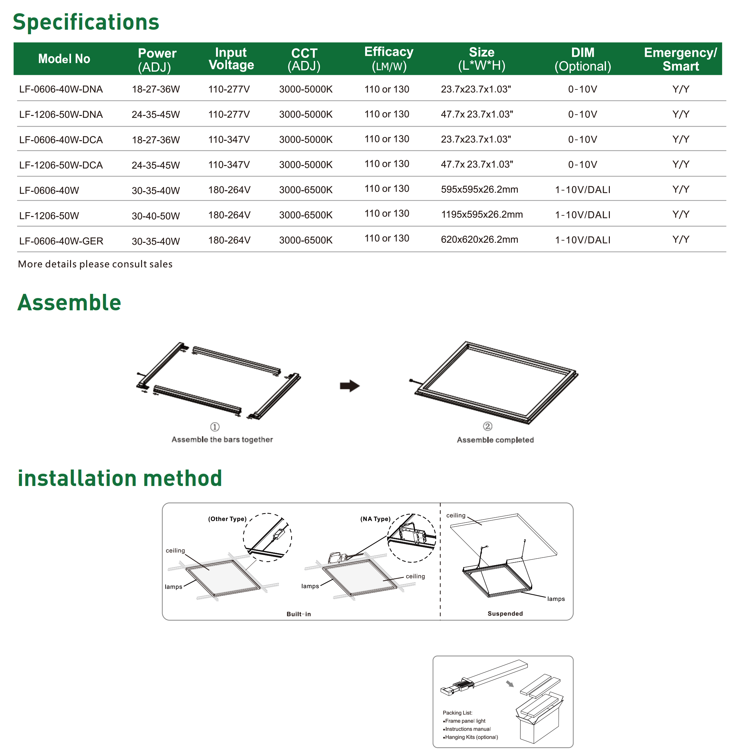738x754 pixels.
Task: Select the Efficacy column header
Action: click(x=389, y=58)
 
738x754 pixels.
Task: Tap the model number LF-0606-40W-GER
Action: click(x=61, y=241)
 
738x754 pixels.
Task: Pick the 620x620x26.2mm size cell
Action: click(x=479, y=240)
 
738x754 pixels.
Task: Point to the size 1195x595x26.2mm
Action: click(x=481, y=214)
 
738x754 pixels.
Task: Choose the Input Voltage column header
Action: click(x=231, y=58)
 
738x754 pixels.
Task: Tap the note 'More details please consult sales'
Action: click(x=95, y=264)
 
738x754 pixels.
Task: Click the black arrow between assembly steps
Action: click(x=350, y=386)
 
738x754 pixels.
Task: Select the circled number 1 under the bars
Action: click(x=215, y=427)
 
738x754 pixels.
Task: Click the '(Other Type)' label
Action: click(x=227, y=519)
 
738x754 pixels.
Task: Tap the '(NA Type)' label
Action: click(x=375, y=519)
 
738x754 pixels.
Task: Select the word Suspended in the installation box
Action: click(x=505, y=614)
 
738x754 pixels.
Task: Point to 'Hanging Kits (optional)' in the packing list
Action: click(x=471, y=737)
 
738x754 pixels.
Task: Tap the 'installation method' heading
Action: click(x=120, y=478)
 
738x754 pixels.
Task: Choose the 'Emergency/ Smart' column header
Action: click(x=680, y=59)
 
